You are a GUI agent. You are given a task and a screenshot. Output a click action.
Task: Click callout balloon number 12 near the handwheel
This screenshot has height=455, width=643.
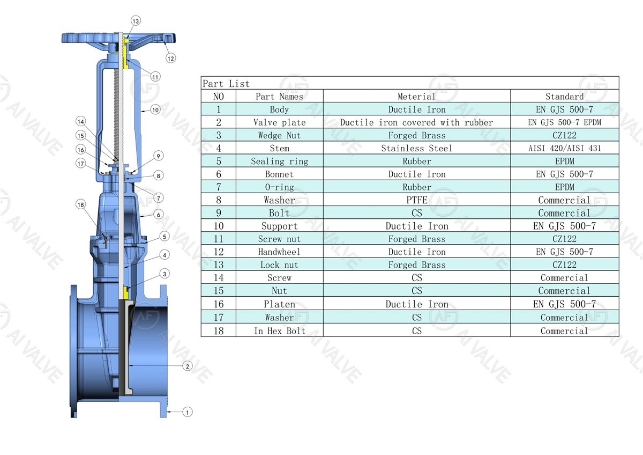170,58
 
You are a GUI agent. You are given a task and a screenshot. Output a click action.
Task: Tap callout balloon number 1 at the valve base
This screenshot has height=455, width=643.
187,412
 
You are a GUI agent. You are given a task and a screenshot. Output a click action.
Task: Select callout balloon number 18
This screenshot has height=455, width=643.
80,204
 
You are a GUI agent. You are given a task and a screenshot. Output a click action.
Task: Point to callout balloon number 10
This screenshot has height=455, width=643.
155,109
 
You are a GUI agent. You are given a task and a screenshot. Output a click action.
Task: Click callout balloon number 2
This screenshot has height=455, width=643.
187,366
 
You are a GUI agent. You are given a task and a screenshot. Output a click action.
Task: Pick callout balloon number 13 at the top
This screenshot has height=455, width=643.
136,21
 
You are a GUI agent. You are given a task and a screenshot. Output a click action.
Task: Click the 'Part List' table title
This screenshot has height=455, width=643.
226,84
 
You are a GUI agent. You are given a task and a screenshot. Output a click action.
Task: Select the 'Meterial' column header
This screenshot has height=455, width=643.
416,97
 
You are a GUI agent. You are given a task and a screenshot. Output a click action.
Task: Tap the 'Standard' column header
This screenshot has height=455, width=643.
564,97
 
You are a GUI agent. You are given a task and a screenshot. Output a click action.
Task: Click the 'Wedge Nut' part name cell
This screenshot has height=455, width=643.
279,136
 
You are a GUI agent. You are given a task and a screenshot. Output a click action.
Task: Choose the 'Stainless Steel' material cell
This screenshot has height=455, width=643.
416,148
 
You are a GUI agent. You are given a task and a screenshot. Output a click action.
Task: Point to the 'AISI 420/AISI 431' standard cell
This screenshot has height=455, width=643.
564,148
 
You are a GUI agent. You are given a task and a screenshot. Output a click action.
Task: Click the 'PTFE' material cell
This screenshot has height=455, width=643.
416,200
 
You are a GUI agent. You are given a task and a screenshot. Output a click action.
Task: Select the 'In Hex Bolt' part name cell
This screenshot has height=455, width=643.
279,331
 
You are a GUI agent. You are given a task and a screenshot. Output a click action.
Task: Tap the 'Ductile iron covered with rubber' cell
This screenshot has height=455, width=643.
416,122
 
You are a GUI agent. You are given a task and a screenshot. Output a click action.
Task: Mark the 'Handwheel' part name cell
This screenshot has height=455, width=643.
279,252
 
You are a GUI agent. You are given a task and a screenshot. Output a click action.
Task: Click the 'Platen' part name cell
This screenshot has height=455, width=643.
279,304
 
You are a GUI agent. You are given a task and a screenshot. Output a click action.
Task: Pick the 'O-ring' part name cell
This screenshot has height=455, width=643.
279,187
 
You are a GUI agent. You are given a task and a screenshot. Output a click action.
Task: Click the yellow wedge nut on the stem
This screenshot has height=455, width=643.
126,293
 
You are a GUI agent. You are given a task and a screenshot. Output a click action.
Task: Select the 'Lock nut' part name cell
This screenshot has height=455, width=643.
279,265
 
